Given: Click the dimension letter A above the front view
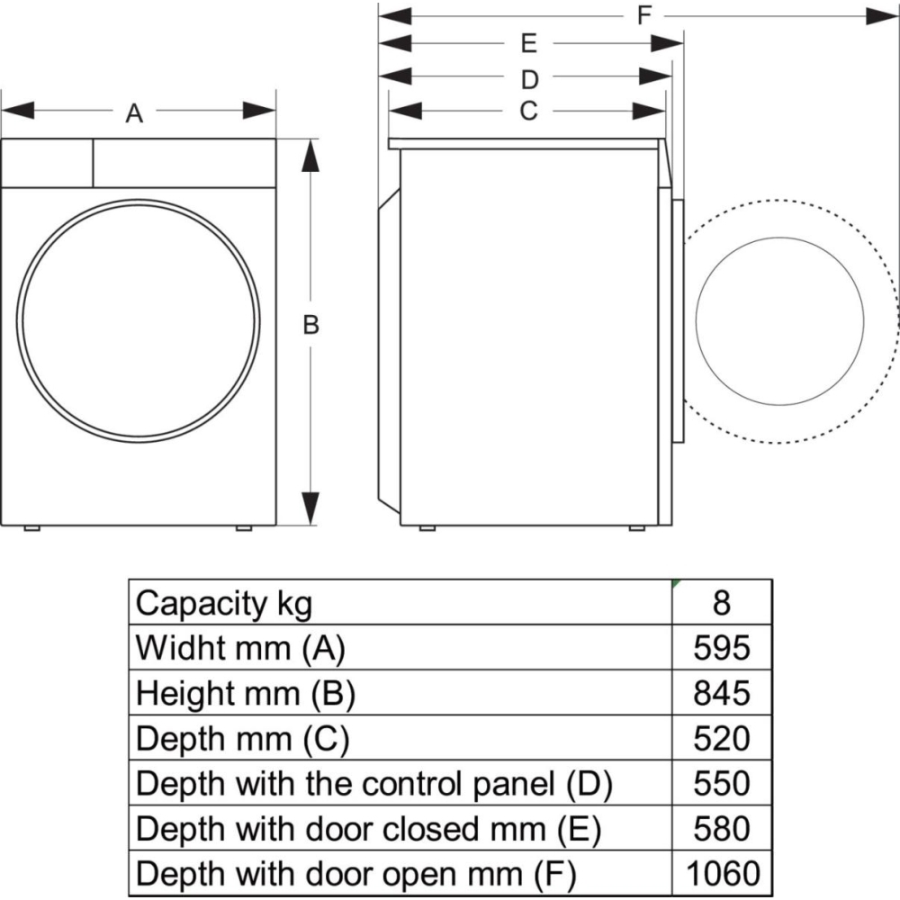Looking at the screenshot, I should click(134, 113).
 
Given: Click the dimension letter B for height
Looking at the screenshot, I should click(310, 326).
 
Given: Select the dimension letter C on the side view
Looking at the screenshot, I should click(528, 111).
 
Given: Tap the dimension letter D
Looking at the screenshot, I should click(529, 80).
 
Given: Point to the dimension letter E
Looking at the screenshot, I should click(528, 43).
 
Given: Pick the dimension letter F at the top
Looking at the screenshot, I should click(644, 16).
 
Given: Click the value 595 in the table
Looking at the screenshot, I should click(721, 647).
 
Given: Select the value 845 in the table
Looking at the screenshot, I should click(721, 692).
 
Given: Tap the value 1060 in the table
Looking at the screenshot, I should click(721, 872).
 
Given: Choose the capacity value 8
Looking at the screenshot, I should click(721, 602).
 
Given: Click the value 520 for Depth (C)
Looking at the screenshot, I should click(721, 737).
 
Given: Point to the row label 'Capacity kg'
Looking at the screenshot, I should click(224, 602).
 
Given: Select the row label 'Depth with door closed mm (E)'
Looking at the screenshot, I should click(368, 827).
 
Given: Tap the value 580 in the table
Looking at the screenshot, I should click(721, 827).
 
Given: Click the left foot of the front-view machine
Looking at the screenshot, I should click(31, 527).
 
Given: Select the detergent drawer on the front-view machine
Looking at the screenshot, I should click(47, 163).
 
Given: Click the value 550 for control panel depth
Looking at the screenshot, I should click(721, 782).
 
